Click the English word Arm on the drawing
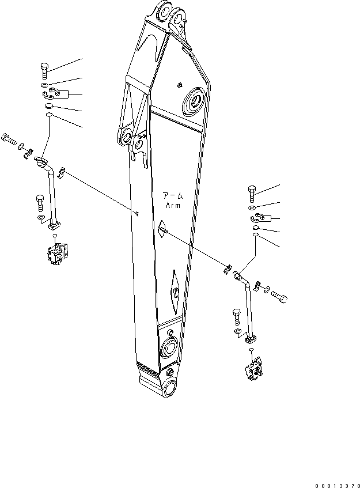pyautogui.click(x=173, y=205)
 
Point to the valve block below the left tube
pyautogui.click(x=57, y=254)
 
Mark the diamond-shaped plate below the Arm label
pyautogui.click(x=162, y=229)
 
